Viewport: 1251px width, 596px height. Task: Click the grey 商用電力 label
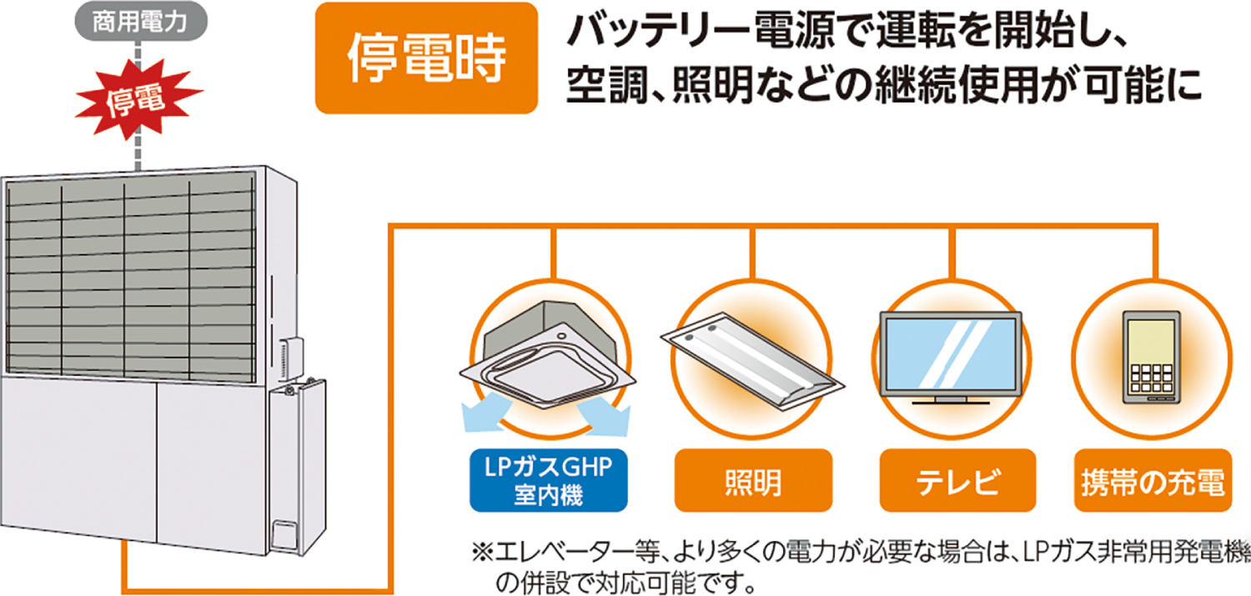[x=141, y=21]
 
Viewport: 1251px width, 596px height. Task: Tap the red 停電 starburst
[x=137, y=98]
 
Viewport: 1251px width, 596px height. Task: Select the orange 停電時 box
[x=426, y=58]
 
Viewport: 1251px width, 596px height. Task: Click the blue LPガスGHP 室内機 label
[x=549, y=480]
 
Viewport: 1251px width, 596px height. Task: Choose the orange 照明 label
[x=753, y=480]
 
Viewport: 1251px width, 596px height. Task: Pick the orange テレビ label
[x=957, y=480]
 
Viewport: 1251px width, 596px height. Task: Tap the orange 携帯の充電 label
[x=1153, y=480]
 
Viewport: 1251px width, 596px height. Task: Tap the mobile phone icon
[x=1152, y=357]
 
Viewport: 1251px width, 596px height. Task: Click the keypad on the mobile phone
[x=1152, y=378]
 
